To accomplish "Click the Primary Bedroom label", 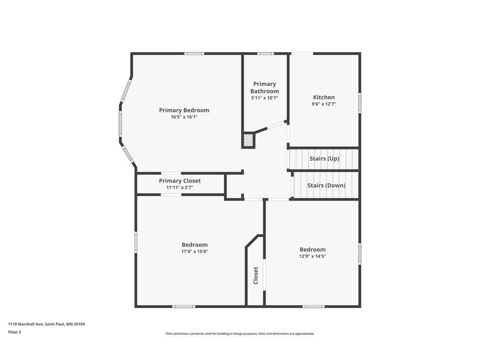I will [x=184, y=110].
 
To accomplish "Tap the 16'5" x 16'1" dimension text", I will [x=184, y=117].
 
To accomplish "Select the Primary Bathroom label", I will [x=264, y=88].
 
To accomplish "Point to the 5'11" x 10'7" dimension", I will [x=264, y=98].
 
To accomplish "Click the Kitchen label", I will [x=324, y=97].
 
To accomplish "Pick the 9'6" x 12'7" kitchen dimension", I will [x=324, y=104].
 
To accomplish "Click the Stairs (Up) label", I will [x=324, y=158].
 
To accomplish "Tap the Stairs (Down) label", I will [x=326, y=185].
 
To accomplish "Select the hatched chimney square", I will [x=248, y=140].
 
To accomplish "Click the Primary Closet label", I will [x=180, y=180].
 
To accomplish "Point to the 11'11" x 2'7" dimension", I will [x=180, y=187].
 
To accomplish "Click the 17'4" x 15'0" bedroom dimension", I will [x=195, y=251].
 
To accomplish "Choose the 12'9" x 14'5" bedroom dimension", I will [x=312, y=256].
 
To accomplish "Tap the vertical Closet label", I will [x=255, y=276].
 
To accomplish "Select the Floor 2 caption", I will [x=15, y=332].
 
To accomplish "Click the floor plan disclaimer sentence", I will [x=240, y=334].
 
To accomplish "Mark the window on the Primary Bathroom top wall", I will [x=266, y=53].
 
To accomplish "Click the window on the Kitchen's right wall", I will [x=360, y=103].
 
